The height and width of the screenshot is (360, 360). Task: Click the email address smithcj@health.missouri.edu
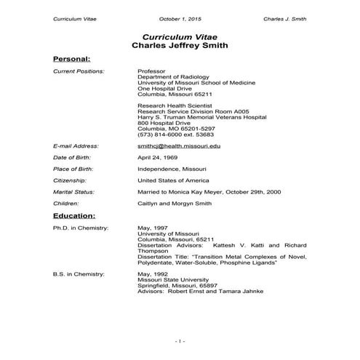[178, 146]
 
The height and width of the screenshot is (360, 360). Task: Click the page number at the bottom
[180, 341]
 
